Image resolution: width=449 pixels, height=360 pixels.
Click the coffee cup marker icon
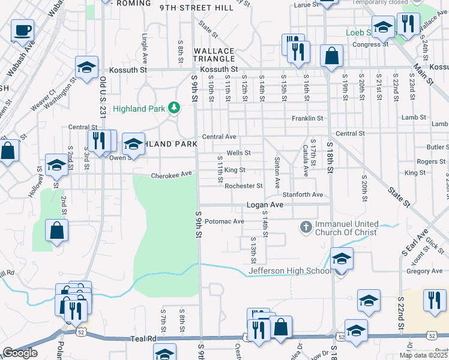(x=23, y=29)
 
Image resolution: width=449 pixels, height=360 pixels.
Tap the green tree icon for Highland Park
(x=174, y=108)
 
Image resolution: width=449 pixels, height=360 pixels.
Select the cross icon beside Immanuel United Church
(x=306, y=227)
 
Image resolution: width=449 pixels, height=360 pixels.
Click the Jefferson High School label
(x=290, y=271)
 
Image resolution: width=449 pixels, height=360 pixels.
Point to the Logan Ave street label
(x=265, y=205)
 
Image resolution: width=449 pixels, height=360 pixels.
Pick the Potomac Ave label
(x=224, y=221)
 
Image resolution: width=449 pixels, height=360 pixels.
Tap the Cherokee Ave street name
(x=171, y=175)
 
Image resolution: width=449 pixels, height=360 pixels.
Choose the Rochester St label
(x=244, y=186)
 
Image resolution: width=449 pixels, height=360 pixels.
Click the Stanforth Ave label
(x=303, y=195)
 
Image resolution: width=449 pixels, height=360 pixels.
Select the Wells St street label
(x=238, y=153)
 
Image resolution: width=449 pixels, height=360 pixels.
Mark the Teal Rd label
(x=143, y=339)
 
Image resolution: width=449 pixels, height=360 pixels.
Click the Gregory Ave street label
(x=424, y=271)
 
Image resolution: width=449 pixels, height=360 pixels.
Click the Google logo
(x=20, y=353)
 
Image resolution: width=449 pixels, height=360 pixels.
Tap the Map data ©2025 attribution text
(x=423, y=355)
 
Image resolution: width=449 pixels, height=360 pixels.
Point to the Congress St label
(x=367, y=44)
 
